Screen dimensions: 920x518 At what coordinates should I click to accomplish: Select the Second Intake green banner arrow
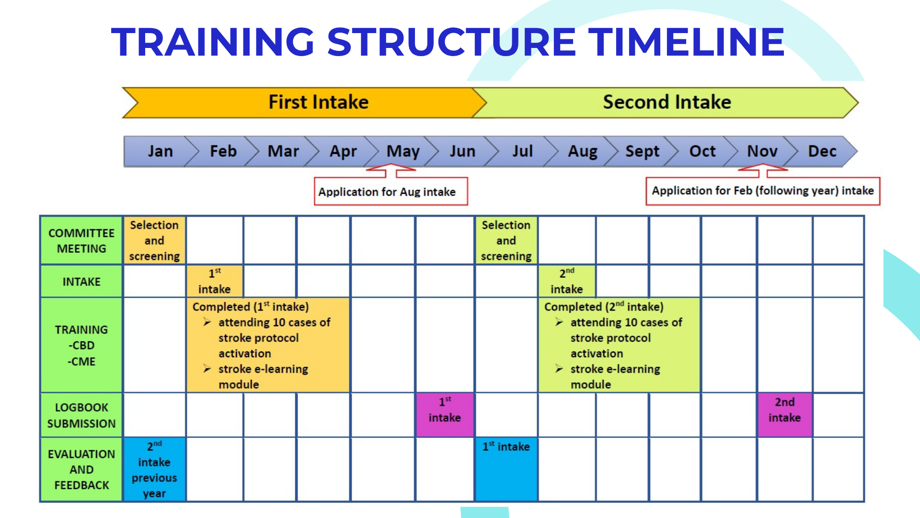666,103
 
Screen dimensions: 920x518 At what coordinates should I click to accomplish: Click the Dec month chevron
821,152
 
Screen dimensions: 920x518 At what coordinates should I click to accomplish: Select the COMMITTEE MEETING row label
81,241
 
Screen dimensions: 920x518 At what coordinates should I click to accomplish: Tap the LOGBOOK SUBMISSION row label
81,415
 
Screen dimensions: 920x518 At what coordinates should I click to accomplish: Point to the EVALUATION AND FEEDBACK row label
81,470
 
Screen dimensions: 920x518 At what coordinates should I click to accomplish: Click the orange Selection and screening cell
154,240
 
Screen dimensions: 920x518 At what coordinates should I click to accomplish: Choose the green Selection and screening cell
506,240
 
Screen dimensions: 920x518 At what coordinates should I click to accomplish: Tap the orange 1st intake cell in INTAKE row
215,281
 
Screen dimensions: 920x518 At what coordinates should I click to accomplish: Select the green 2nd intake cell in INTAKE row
567,281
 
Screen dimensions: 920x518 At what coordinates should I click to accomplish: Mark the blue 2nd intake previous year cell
154,470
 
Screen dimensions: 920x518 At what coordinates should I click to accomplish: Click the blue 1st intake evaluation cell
506,470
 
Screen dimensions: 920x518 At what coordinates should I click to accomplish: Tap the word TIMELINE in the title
686,42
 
